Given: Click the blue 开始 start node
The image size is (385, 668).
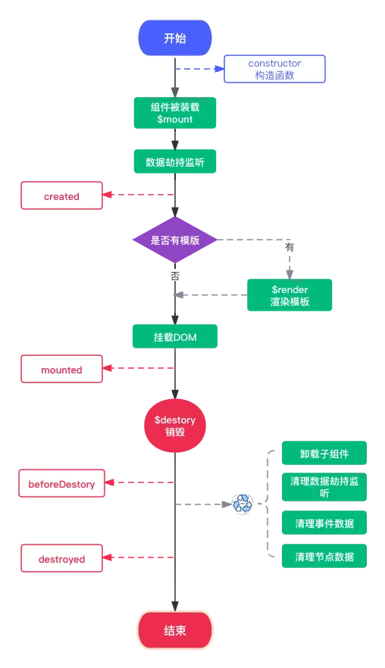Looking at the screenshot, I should click(x=175, y=39).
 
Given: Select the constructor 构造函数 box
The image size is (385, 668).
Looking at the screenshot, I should click(x=274, y=69).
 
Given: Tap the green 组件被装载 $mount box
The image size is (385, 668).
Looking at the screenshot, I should click(x=175, y=112).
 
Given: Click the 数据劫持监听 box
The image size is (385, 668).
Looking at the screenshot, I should click(x=175, y=161).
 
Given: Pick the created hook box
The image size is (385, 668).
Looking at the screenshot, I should click(x=61, y=196).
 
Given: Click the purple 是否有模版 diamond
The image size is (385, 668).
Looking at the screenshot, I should click(x=175, y=240).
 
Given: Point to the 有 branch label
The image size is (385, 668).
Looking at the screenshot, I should click(x=290, y=247).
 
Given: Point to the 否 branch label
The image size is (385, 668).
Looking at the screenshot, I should click(x=175, y=277).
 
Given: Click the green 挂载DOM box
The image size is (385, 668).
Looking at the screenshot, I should click(x=175, y=336).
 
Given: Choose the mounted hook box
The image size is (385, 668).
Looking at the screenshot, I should click(x=61, y=370).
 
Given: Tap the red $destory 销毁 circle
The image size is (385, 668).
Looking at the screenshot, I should click(x=175, y=425).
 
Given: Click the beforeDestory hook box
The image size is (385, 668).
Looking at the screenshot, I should click(x=61, y=483).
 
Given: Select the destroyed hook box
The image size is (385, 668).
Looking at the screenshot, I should click(x=61, y=560).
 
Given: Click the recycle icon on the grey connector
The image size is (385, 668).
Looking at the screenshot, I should click(x=243, y=504).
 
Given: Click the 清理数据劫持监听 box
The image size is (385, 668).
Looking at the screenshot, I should click(x=324, y=487).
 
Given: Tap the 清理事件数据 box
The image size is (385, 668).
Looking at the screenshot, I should click(x=324, y=523).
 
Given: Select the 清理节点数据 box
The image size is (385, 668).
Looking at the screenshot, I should click(x=324, y=557).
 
